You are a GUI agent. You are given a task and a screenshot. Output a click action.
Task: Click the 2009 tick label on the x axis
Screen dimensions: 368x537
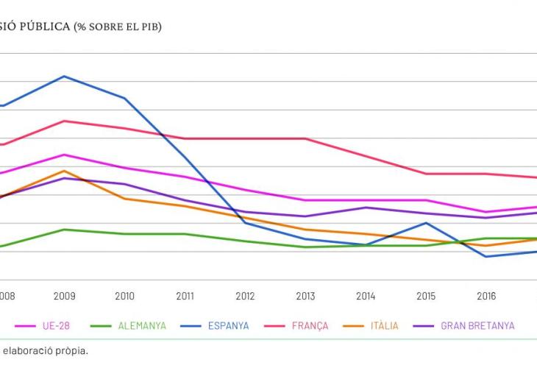click(65, 297)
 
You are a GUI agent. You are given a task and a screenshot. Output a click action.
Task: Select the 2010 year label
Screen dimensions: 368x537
click(125, 297)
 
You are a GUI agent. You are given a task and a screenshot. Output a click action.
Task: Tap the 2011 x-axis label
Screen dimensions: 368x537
click(185, 297)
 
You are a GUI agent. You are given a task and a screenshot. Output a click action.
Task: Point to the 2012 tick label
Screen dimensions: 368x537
click(245, 297)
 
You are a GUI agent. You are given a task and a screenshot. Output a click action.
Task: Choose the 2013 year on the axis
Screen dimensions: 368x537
click(305, 297)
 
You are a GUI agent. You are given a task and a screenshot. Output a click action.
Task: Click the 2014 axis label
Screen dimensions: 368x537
click(366, 297)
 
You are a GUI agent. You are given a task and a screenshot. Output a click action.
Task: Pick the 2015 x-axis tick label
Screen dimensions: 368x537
click(426, 297)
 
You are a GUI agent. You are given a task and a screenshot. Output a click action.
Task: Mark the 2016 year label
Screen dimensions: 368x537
click(486, 297)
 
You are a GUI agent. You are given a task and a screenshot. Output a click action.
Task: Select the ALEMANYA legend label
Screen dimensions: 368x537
click(142, 325)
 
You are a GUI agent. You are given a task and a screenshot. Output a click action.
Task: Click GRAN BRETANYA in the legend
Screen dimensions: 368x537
click(477, 325)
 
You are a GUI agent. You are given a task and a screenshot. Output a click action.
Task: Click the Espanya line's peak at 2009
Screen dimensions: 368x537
click(65, 77)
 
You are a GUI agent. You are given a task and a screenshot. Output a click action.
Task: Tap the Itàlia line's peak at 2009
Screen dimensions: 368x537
click(65, 171)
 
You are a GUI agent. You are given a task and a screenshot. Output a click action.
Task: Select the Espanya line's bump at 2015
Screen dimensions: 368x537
click(426, 223)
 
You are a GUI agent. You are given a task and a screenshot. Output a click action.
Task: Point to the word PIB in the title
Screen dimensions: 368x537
click(147, 27)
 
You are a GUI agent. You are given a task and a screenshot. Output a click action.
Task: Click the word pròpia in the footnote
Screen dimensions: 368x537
click(73, 350)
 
